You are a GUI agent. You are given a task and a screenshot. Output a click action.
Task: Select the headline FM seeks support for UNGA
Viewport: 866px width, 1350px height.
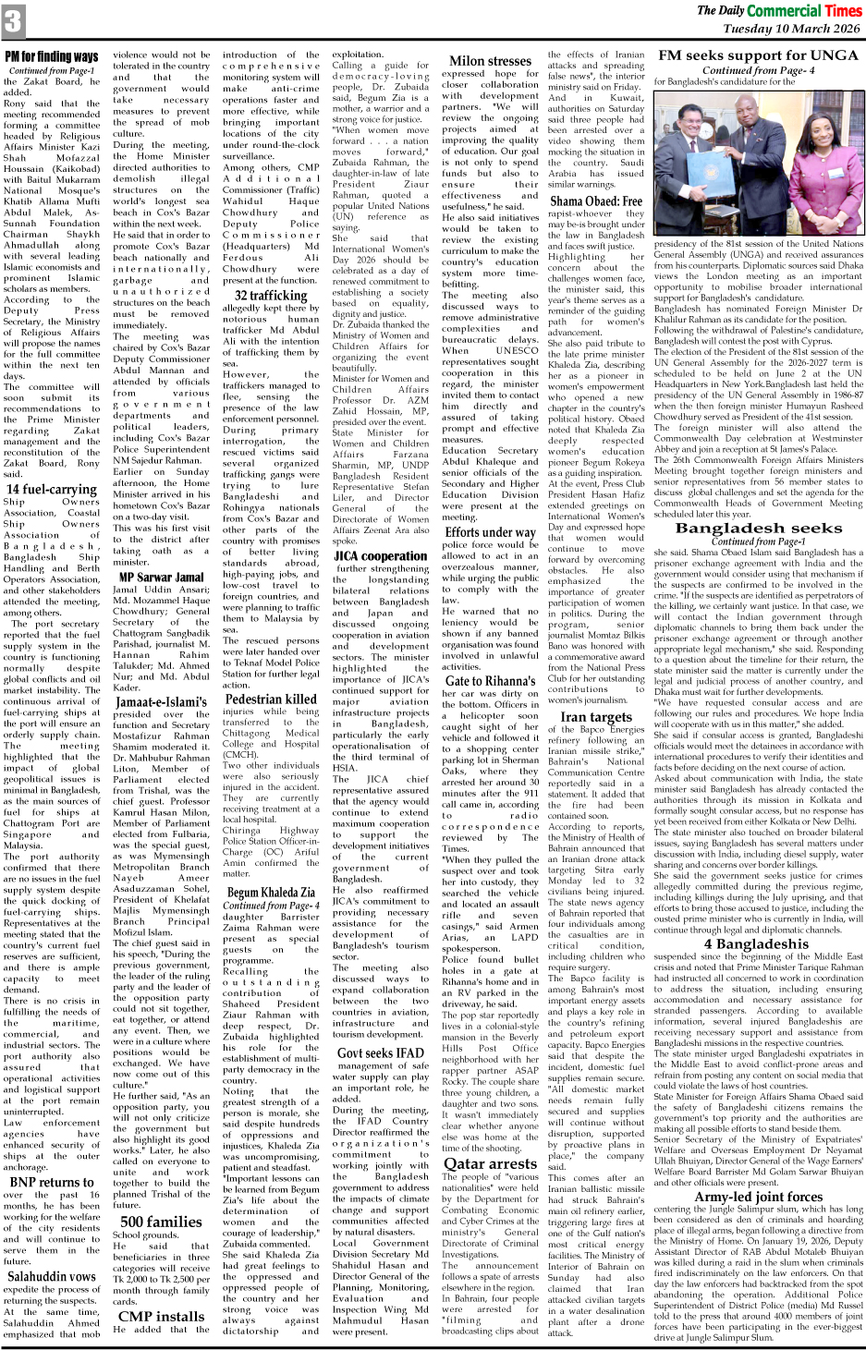point(758,55)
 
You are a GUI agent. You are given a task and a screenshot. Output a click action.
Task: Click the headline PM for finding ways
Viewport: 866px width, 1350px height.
point(52,57)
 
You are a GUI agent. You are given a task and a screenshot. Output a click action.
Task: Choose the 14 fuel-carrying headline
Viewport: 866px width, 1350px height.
point(52,489)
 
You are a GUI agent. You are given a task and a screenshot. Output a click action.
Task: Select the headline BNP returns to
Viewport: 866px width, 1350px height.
point(52,1182)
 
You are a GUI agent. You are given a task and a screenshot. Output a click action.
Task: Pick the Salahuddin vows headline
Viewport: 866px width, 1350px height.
point(52,1276)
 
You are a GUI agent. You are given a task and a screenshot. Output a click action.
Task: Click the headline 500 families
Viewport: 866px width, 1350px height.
point(161,1221)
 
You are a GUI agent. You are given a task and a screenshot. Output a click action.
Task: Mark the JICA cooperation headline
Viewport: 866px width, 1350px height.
point(380,556)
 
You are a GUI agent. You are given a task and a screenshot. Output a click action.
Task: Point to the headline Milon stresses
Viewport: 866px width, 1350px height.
point(490,61)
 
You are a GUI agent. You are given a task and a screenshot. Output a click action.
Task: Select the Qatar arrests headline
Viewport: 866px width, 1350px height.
point(489,1163)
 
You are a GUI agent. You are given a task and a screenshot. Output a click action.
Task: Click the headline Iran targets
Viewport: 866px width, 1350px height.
point(596,716)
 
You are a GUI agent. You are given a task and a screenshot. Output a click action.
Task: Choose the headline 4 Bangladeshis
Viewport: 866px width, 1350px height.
point(757,944)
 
